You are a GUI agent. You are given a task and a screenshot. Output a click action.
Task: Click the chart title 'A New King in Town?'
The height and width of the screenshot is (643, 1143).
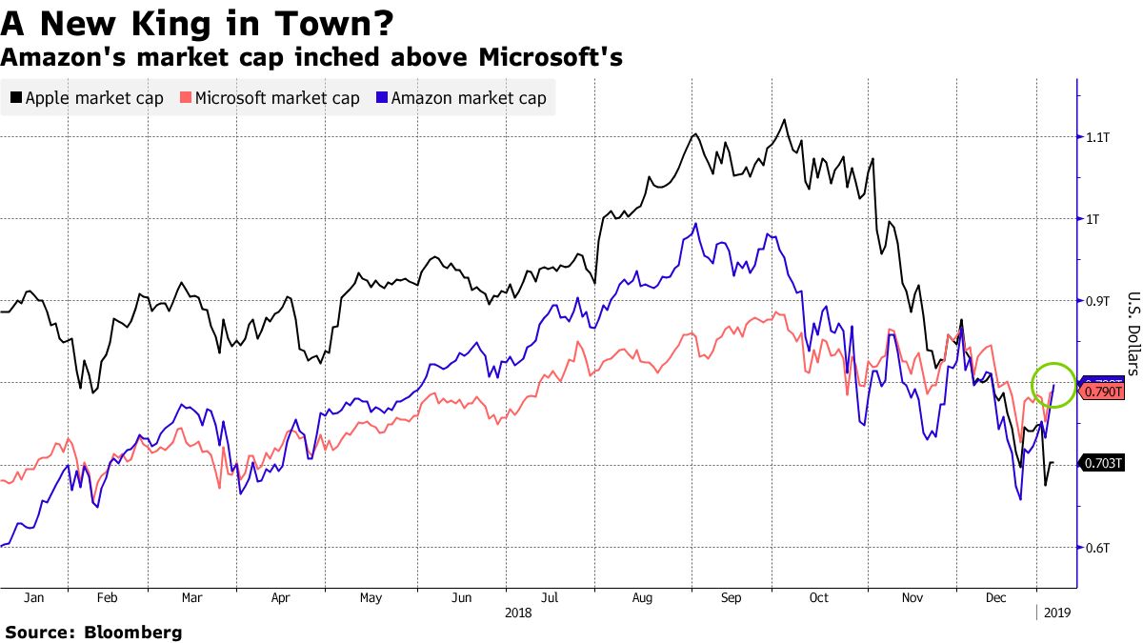click(x=198, y=22)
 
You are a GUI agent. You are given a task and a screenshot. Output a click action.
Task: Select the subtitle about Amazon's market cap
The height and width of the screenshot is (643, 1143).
click(x=311, y=57)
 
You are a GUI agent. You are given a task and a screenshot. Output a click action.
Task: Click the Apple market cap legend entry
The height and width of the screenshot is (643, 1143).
click(x=87, y=98)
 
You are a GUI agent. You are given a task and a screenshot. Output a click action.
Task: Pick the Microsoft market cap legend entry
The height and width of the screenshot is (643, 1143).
click(x=270, y=98)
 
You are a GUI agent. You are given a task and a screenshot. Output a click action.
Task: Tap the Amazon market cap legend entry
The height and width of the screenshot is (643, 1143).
click(x=461, y=98)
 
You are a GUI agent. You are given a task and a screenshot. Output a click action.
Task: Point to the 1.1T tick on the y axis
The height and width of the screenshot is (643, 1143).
click(x=1099, y=137)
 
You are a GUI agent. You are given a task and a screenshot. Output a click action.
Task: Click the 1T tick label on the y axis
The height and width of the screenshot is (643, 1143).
click(x=1093, y=219)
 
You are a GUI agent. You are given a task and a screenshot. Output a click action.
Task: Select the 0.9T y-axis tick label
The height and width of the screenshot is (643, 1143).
click(x=1099, y=301)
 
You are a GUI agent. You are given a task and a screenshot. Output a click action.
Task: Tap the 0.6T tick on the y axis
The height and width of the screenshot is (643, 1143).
click(x=1099, y=547)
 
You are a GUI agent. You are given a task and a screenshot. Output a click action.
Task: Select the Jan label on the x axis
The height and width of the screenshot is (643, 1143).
click(x=33, y=598)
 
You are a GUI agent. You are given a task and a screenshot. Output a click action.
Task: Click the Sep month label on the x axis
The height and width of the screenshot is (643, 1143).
click(x=731, y=598)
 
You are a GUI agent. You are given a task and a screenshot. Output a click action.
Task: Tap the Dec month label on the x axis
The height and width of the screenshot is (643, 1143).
click(x=996, y=598)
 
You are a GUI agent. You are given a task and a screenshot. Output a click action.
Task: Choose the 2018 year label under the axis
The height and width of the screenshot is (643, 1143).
click(x=519, y=613)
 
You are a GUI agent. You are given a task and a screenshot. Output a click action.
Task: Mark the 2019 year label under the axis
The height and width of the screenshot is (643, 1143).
click(x=1057, y=613)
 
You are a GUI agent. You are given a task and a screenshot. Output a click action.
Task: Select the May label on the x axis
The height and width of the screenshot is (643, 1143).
click(x=371, y=598)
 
